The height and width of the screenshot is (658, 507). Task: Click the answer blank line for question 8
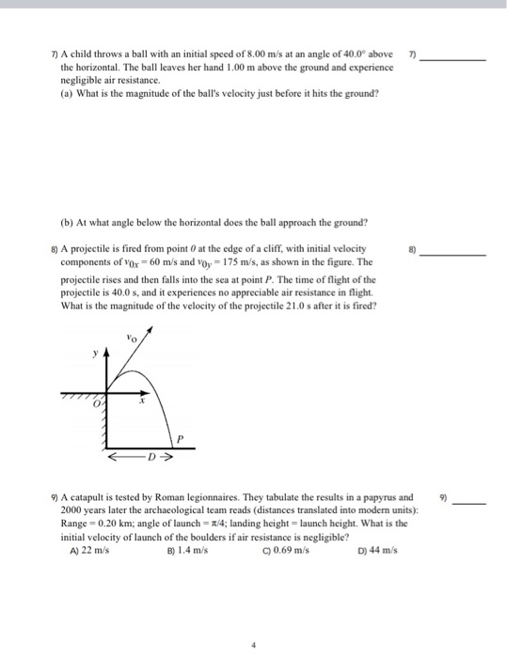click(x=453, y=255)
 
